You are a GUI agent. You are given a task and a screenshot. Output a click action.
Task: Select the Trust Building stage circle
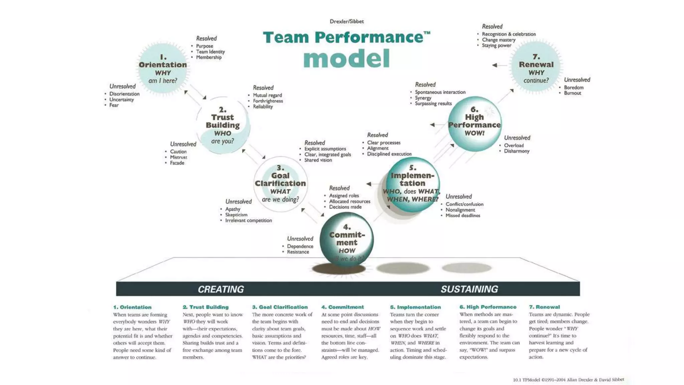click(223, 125)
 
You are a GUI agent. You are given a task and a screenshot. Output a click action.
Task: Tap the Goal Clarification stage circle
click(281, 184)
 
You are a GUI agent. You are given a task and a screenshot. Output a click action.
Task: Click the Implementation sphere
click(412, 184)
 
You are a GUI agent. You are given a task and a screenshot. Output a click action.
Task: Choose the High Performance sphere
click(474, 124)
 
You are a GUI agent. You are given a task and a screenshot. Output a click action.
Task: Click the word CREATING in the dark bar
click(221, 289)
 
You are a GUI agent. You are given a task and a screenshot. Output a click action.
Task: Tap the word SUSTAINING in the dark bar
click(469, 289)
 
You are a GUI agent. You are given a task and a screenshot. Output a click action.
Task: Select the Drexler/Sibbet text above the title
click(347, 21)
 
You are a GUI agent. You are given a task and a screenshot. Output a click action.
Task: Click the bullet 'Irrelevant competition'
click(248, 221)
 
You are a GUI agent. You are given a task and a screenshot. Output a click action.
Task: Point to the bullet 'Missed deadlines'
click(463, 216)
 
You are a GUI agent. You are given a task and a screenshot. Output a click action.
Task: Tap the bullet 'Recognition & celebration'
click(509, 34)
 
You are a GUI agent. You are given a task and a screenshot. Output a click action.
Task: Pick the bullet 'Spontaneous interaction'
click(440, 92)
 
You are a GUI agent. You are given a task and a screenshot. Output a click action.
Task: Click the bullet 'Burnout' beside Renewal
click(572, 93)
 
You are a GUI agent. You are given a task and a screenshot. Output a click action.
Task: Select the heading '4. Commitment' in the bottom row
click(342, 307)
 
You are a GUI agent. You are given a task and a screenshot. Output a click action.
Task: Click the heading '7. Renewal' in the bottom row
click(544, 307)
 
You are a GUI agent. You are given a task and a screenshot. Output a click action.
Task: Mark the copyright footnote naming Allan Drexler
click(568, 380)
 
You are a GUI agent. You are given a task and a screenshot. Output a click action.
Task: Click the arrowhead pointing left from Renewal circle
click(495, 65)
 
